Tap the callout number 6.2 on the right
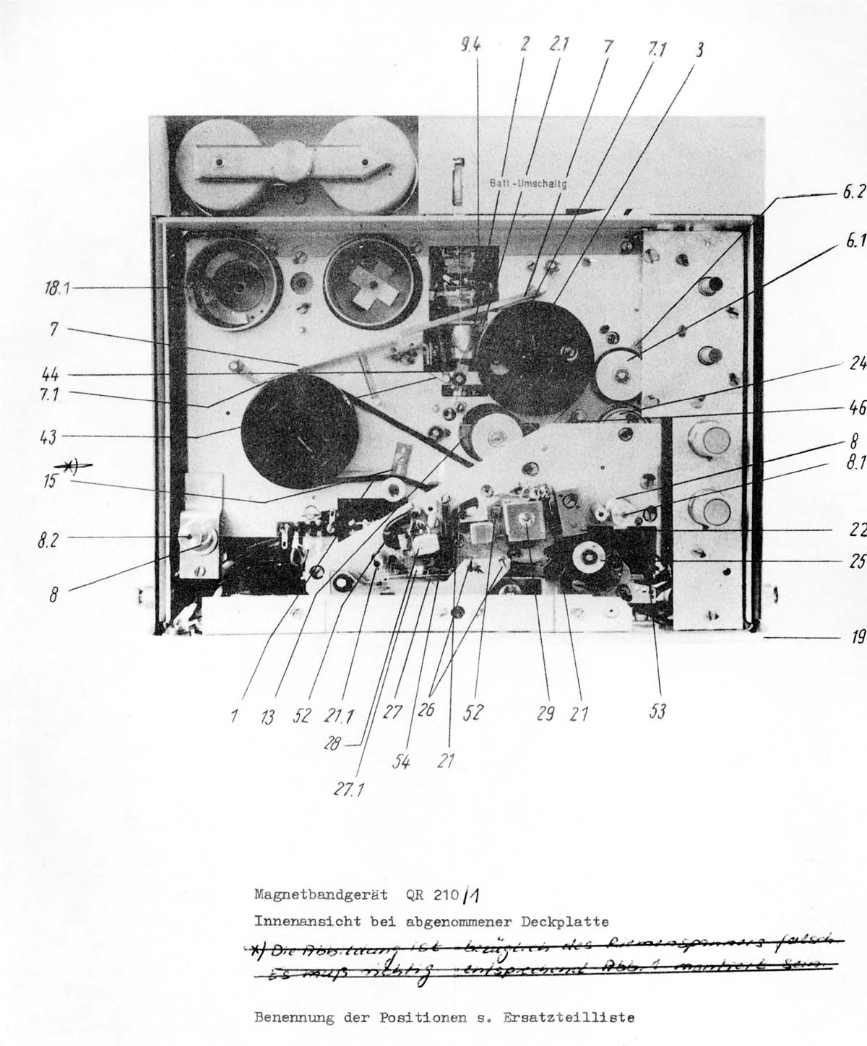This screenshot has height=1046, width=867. tap(854, 194)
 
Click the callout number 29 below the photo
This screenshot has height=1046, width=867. tap(545, 713)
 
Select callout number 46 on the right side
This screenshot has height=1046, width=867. tap(857, 407)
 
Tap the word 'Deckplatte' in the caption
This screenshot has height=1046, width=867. tap(570, 922)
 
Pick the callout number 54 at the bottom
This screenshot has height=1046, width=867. tap(400, 759)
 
